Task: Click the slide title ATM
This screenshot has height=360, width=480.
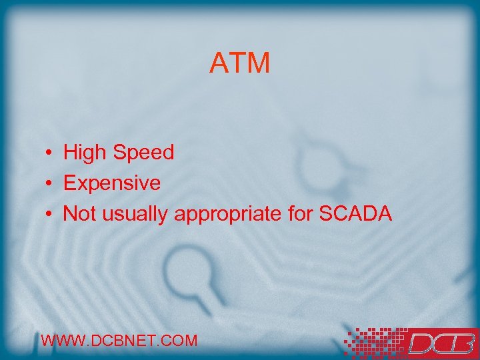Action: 240,63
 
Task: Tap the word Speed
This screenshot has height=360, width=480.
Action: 143,153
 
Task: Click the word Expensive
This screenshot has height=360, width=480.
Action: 111,183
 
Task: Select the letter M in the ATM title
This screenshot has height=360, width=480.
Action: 259,63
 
